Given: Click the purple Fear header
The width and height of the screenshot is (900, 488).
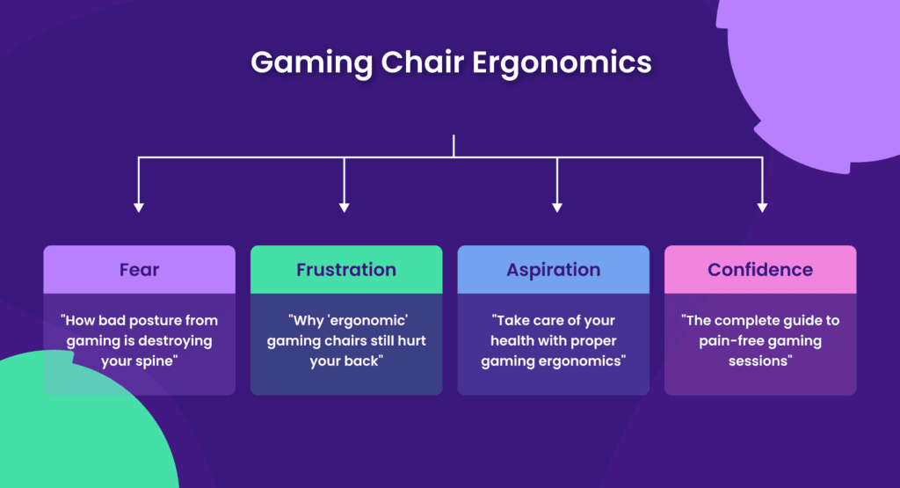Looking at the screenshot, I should tap(139, 270).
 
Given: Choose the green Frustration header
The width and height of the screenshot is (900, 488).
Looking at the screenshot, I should tap(346, 270).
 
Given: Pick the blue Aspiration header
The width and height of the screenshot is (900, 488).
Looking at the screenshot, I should tap(553, 270).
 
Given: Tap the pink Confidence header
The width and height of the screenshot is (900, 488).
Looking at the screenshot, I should tap(760, 270).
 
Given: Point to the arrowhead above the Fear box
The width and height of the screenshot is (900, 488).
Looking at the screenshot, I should tap(138, 208).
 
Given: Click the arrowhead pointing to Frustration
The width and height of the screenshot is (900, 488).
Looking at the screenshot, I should tap(345, 208).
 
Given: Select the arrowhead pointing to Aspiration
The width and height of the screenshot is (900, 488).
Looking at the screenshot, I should tap(556, 208).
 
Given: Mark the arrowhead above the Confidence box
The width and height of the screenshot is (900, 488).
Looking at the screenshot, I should tap(762, 208).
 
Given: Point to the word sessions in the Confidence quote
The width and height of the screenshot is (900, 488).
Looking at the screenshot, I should tap(760, 361).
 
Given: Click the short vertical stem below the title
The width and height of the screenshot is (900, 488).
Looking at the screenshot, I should tap(454, 146).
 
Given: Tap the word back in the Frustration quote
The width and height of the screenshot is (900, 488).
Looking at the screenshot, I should tap(367, 361).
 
